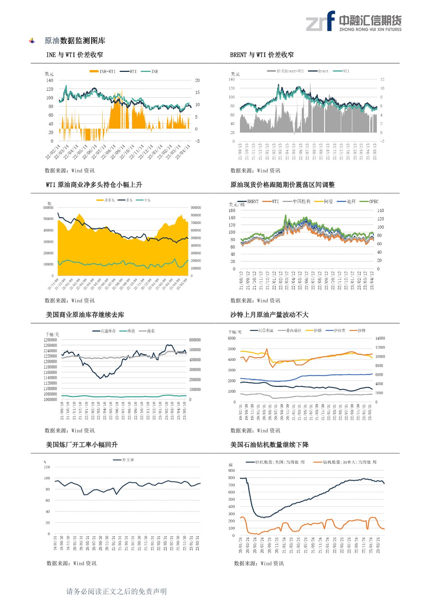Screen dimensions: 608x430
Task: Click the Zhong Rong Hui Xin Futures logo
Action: tap(353, 21)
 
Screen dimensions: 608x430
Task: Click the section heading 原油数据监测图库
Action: tap(75, 41)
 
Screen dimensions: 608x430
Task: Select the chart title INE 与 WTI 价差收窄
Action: tap(74, 55)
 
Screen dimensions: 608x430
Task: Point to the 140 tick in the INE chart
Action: tap(50, 81)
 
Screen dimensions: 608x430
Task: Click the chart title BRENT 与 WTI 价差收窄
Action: tap(262, 55)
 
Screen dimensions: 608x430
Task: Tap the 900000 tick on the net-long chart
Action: tap(195, 208)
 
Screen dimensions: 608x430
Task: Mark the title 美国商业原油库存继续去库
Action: tap(85, 315)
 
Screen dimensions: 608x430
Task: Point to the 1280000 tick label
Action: tap(50, 340)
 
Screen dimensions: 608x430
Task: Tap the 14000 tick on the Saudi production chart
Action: tap(380, 339)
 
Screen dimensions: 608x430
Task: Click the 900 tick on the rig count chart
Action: tap(231, 471)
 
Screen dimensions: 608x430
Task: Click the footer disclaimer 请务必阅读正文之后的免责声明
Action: tap(116, 591)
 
